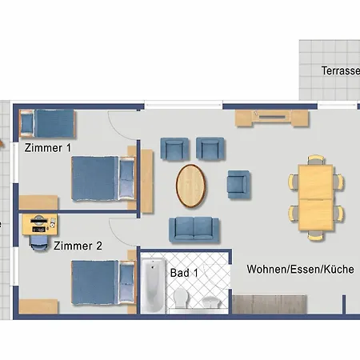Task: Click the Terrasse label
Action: (x=340, y=71)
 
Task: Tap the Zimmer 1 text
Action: (x=48, y=148)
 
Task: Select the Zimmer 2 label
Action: (x=78, y=246)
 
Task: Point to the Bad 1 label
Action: (x=184, y=273)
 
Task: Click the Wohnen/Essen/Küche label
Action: (x=300, y=270)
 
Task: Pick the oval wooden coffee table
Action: (x=190, y=186)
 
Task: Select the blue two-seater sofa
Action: (x=192, y=230)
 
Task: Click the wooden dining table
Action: (x=316, y=198)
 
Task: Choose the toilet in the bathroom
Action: (x=181, y=299)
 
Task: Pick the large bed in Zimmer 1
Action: (x=103, y=178)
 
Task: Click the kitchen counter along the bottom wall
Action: (x=270, y=305)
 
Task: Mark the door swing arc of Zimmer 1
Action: (x=120, y=124)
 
